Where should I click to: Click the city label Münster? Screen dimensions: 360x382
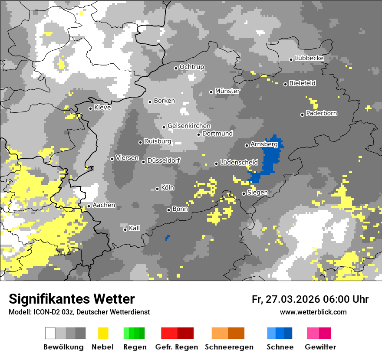pyautogui.click(x=227, y=91)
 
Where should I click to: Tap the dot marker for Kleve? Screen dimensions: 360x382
pyautogui.click(x=90, y=108)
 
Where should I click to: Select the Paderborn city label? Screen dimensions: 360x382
pyautogui.click(x=322, y=114)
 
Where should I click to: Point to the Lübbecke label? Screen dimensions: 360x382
pyautogui.click(x=310, y=58)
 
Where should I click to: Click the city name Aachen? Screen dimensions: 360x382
pyautogui.click(x=104, y=205)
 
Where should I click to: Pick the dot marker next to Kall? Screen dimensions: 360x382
pyautogui.click(x=125, y=229)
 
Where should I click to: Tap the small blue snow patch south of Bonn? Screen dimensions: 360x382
pyautogui.click(x=168, y=238)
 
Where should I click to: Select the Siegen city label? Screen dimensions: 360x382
pyautogui.click(x=257, y=193)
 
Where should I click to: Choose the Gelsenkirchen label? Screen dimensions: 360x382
pyautogui.click(x=189, y=126)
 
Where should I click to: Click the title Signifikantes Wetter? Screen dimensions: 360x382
pyautogui.click(x=72, y=299)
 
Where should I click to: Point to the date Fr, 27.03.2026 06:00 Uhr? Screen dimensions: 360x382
pyautogui.click(x=310, y=299)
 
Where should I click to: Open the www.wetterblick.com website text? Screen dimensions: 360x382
pyautogui.click(x=313, y=312)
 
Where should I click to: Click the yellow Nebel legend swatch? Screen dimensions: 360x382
pyautogui.click(x=103, y=333)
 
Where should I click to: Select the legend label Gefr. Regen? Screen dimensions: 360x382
pyautogui.click(x=177, y=347)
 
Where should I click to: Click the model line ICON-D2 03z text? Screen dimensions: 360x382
pyautogui.click(x=79, y=312)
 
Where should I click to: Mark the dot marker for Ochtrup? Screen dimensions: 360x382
pyautogui.click(x=176, y=68)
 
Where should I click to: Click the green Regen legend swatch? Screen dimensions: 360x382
pyautogui.click(x=134, y=333)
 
